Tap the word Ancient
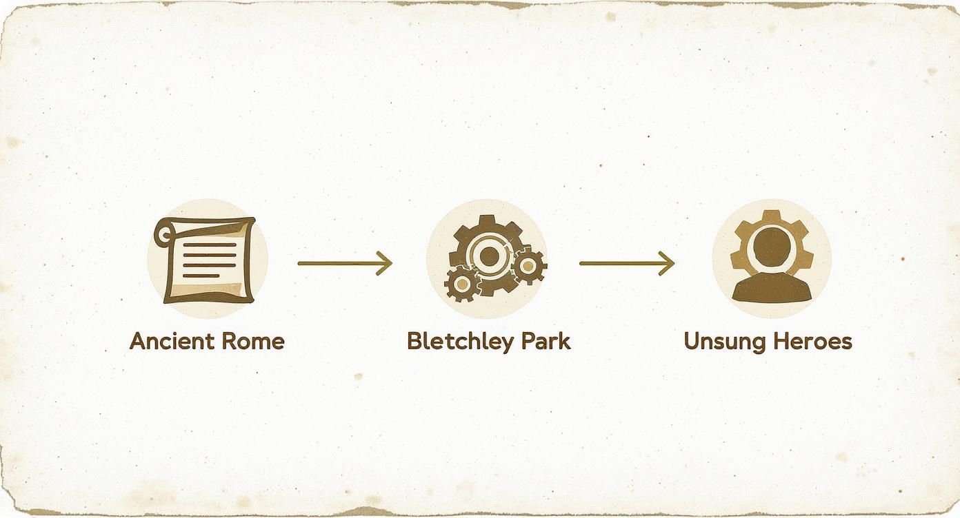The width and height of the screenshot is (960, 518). pyautogui.click(x=172, y=341)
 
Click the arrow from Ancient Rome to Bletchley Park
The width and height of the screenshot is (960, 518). pyautogui.click(x=345, y=263)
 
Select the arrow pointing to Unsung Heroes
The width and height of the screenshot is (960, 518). pyautogui.click(x=627, y=263)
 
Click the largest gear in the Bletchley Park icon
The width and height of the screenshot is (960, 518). pyautogui.click(x=488, y=256)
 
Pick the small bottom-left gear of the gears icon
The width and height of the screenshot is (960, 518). pyautogui.click(x=461, y=283)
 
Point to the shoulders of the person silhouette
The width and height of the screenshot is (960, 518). pyautogui.click(x=772, y=287)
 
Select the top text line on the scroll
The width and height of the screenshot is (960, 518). pyautogui.click(x=210, y=245)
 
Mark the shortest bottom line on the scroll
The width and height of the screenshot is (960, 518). pyautogui.click(x=201, y=276)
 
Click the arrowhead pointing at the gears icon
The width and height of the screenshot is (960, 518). pyautogui.click(x=384, y=263)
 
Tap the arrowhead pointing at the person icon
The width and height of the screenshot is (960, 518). pyautogui.click(x=666, y=263)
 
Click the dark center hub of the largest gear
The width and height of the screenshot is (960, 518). pyautogui.click(x=488, y=256)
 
